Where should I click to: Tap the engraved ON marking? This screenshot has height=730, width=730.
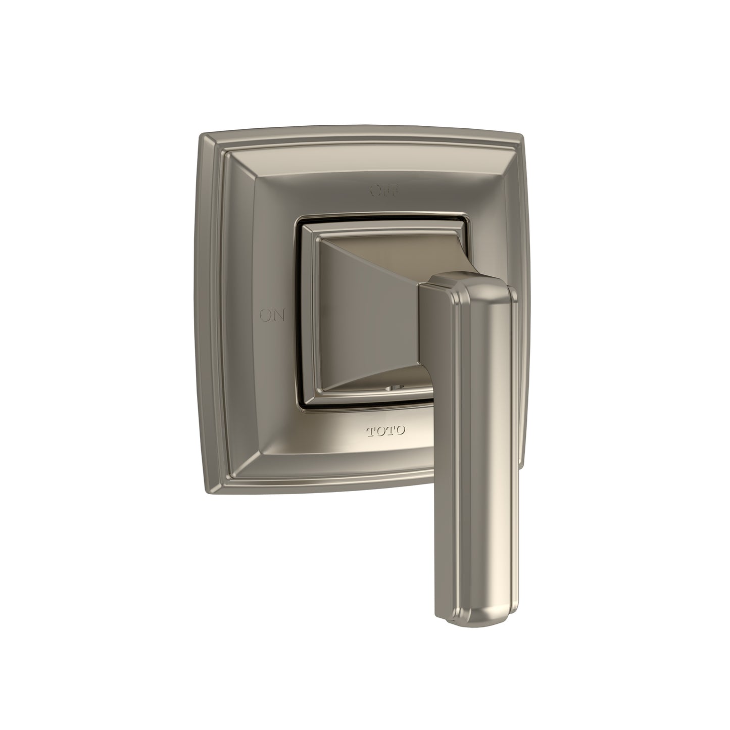pos(272,316)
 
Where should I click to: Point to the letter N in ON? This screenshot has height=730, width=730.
pos(279,316)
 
